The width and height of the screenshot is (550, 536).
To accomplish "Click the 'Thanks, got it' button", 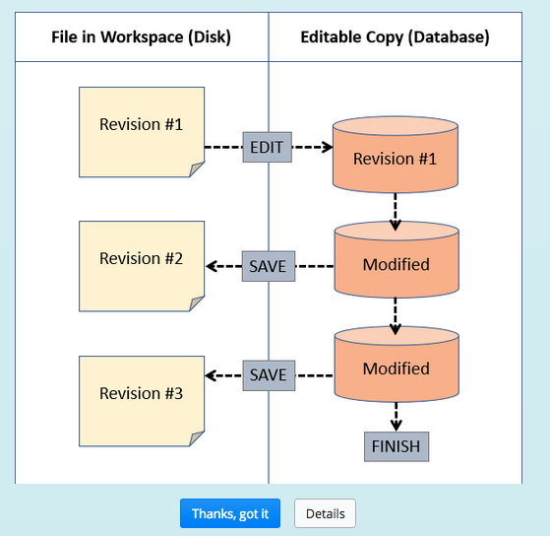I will pyautogui.click(x=230, y=513).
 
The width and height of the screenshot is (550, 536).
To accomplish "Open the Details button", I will pyautogui.click(x=325, y=513).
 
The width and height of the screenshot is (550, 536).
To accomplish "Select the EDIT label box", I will pyautogui.click(x=267, y=148).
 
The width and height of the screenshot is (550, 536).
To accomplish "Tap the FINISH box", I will pyautogui.click(x=396, y=446).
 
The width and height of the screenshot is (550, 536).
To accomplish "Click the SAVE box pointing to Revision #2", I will pyautogui.click(x=268, y=266).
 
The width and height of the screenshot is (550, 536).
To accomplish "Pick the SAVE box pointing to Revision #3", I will pyautogui.click(x=268, y=374).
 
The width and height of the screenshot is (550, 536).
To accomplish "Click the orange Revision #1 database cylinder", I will pyautogui.click(x=395, y=159).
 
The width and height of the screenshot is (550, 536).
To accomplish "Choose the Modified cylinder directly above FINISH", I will pyautogui.click(x=396, y=368).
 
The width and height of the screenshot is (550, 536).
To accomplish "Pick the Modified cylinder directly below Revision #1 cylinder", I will pyautogui.click(x=396, y=264).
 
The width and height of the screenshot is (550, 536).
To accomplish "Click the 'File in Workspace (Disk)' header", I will pyautogui.click(x=142, y=37).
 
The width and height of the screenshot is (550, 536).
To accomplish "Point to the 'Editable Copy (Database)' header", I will pyautogui.click(x=395, y=37).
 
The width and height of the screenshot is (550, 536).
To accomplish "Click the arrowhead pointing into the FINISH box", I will pyautogui.click(x=396, y=425).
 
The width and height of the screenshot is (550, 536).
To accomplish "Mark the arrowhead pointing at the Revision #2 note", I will pyautogui.click(x=211, y=266).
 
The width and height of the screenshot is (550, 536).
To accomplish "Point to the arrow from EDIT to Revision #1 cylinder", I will pyautogui.click(x=313, y=148).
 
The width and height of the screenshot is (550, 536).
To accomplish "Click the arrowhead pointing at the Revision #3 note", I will pyautogui.click(x=211, y=374).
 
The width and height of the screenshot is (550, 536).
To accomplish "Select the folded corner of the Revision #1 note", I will pyautogui.click(x=197, y=169).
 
